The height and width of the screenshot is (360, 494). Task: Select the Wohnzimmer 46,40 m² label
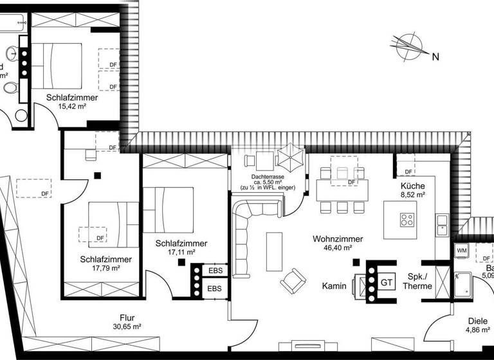337,243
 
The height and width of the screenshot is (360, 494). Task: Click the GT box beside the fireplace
387,282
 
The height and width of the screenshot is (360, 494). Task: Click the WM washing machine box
461,249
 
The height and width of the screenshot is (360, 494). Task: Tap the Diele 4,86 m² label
477,327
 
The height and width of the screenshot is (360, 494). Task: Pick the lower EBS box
214,289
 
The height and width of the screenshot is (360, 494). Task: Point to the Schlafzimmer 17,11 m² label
181,248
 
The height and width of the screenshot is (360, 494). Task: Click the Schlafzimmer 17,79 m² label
106,264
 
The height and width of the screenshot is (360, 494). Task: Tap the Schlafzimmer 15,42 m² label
72,102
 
